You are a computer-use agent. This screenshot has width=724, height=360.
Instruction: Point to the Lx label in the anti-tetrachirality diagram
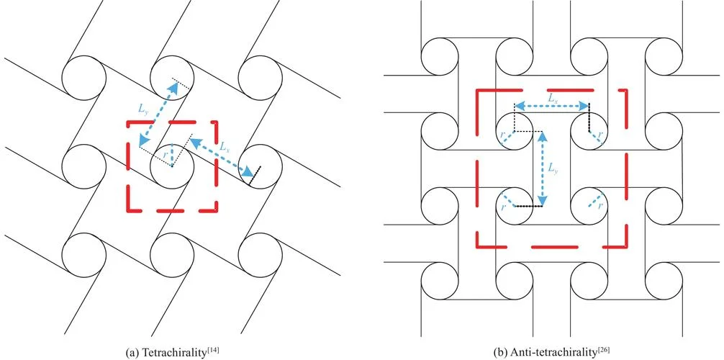[552, 99]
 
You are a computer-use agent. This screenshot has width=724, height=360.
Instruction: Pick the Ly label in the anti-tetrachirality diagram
[553, 170]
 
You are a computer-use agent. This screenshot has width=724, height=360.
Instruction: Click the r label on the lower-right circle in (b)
[599, 207]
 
